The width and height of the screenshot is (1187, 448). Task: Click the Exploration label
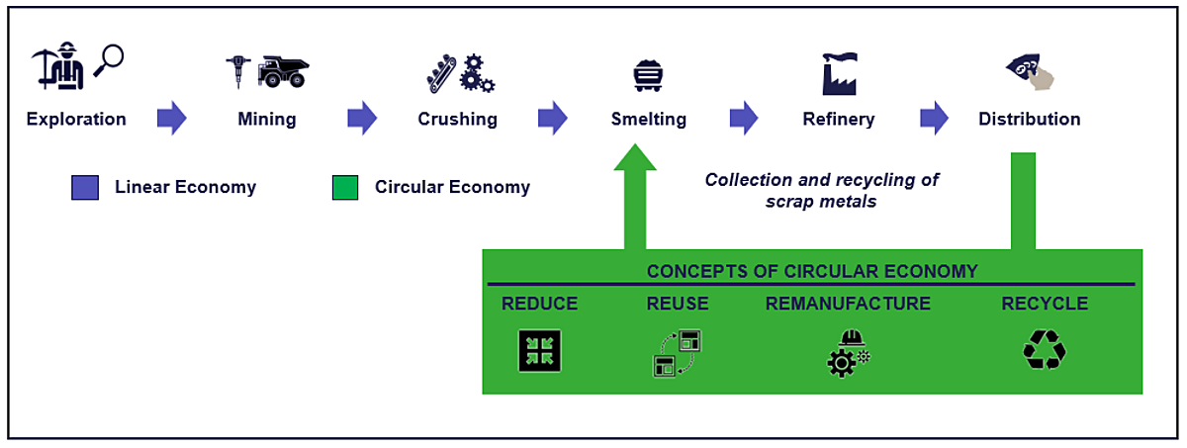tap(76, 120)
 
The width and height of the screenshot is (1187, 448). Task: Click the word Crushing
tap(457, 120)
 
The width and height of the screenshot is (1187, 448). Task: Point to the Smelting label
tap(648, 120)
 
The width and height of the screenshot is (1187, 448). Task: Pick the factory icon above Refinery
tap(839, 72)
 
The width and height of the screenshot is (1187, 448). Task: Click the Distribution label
tap(1029, 120)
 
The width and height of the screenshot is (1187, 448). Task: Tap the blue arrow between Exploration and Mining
tap(172, 119)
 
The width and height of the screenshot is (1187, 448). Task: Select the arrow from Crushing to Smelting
tap(552, 119)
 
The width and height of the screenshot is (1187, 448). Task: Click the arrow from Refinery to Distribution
tap(934, 119)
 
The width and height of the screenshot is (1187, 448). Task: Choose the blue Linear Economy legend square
tap(85, 187)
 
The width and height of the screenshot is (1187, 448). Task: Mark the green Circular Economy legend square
tap(345, 187)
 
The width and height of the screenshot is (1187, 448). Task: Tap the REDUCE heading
tap(539, 304)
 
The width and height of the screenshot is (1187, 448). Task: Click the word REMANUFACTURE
tap(848, 304)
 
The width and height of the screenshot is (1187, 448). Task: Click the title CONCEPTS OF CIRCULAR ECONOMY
tap(812, 271)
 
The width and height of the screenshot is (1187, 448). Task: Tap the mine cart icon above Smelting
tap(647, 75)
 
